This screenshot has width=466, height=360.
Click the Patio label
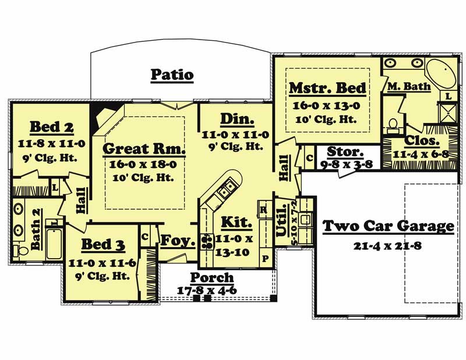coord(172,75)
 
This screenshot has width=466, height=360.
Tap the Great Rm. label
coord(144,149)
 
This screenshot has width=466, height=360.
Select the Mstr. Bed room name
coord(327,88)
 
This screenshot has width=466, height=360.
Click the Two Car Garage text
coord(389,226)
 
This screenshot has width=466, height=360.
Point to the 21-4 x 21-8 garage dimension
coord(387,246)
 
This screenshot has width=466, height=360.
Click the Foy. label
coord(177,240)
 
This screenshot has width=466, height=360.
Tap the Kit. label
coord(236,222)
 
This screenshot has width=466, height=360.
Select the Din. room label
coord(236,120)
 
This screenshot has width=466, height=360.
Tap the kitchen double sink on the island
coord(228,188)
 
